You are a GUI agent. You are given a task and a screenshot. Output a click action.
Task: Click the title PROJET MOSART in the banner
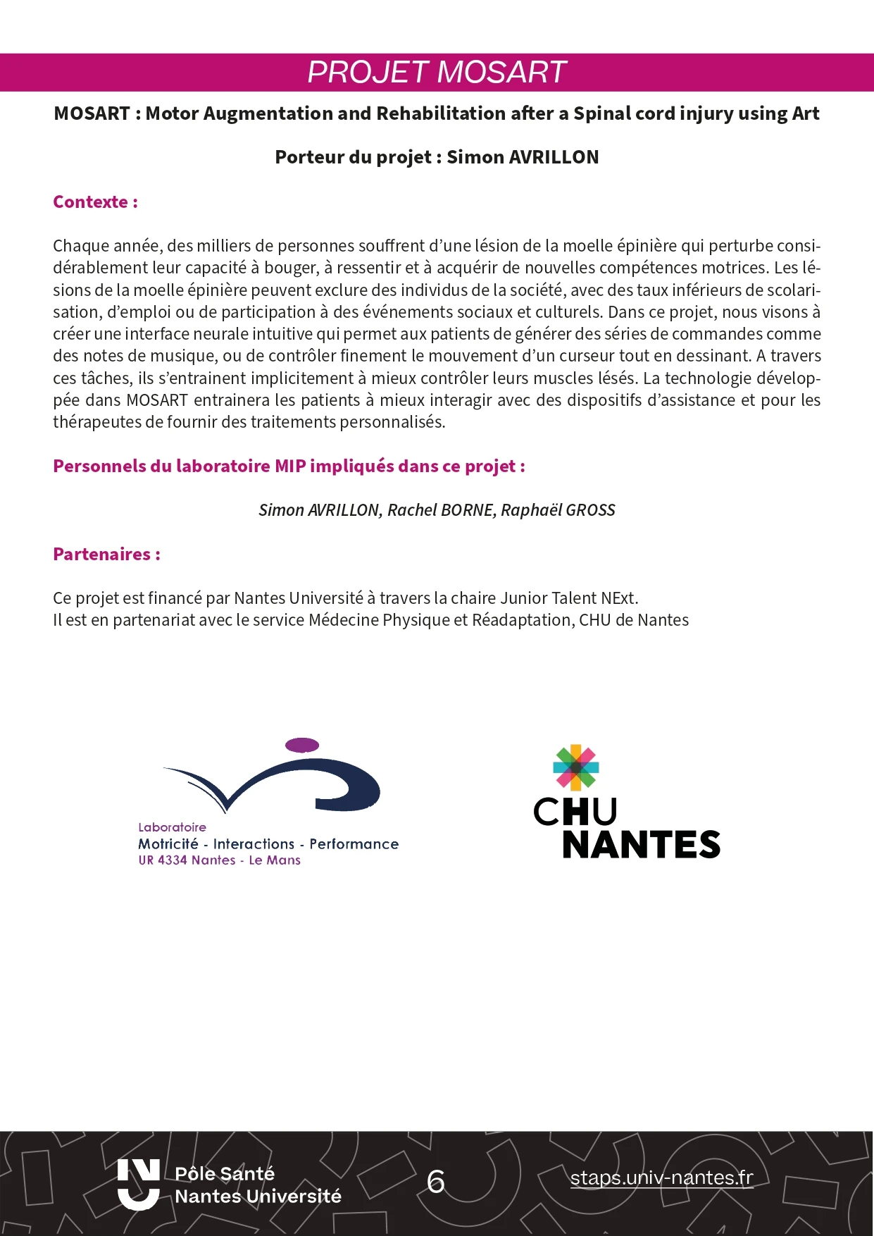click(x=437, y=72)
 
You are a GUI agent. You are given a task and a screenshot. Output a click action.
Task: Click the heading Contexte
click(x=95, y=202)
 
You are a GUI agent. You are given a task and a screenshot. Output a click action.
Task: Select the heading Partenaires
click(x=106, y=555)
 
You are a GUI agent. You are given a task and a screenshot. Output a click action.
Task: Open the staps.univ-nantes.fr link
click(x=661, y=1178)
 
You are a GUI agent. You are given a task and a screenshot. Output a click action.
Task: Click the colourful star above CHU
click(x=576, y=767)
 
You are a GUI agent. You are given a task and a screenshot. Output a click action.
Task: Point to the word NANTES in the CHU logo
click(x=641, y=845)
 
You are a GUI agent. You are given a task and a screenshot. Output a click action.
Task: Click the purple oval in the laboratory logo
click(x=302, y=745)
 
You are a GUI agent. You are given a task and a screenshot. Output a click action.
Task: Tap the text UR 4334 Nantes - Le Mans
click(x=219, y=860)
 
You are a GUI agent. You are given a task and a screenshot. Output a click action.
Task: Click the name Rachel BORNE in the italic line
click(x=440, y=510)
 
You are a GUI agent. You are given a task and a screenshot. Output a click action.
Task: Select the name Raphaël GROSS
click(x=558, y=510)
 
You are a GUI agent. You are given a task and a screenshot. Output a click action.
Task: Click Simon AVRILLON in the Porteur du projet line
click(x=523, y=157)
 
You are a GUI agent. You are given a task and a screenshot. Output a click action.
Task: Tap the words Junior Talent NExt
click(x=568, y=598)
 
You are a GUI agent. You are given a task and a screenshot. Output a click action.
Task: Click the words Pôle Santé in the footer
click(x=225, y=1173)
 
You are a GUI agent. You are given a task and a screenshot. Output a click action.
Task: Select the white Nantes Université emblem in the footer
click(x=138, y=1184)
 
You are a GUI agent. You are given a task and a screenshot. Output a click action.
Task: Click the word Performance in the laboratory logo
click(x=354, y=844)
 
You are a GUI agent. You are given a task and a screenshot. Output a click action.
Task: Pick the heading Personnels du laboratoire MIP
click(x=289, y=466)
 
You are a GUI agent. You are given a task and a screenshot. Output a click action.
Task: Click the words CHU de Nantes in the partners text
click(x=634, y=620)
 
